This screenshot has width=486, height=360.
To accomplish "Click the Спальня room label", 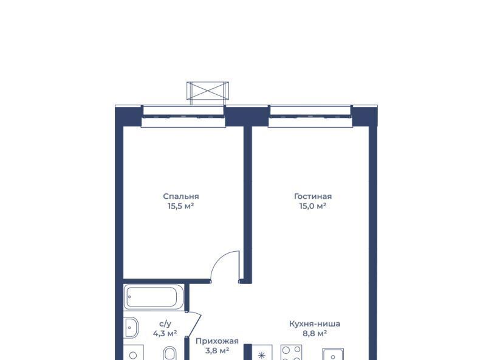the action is point(181,196).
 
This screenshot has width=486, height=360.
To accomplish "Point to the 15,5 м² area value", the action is point(181,206).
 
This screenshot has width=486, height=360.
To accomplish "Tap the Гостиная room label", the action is point(313,196).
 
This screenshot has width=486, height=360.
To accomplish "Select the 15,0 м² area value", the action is point(313,206).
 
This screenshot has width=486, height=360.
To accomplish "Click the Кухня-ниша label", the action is point(315,324).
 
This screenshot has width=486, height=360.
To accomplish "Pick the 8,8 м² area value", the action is point(315,334).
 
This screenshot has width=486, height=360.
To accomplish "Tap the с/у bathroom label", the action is point(165,324).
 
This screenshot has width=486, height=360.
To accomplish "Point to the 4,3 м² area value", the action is point(165,334).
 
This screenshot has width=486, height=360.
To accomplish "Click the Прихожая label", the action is point(217,341).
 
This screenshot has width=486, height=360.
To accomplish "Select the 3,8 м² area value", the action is point(217,351).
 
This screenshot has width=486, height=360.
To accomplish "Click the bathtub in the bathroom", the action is point(154,297).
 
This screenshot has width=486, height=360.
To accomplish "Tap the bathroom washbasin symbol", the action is point(131,327).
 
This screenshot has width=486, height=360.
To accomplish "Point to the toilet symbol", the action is point(169,353).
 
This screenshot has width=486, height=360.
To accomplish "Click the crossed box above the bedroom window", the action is point(208,91).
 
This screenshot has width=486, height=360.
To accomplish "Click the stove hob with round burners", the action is point(292,353).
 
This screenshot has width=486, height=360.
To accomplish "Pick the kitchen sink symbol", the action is point(333,355).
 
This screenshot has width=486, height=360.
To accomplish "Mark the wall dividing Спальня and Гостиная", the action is point(248,205).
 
